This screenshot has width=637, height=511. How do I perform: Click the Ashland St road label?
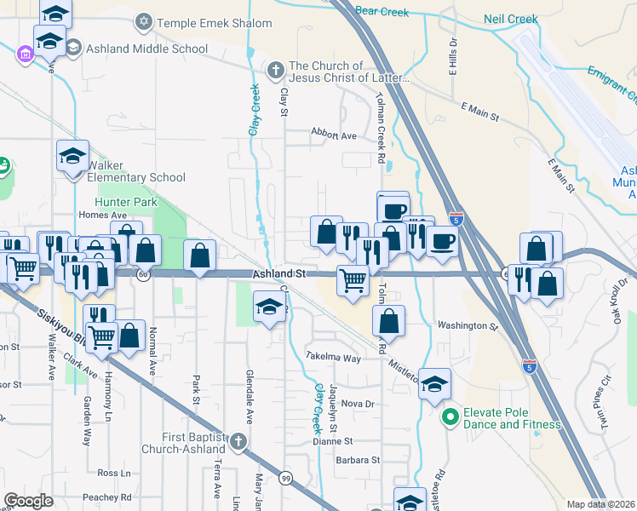(x=278, y=273)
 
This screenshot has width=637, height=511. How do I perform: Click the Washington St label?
(x=467, y=325)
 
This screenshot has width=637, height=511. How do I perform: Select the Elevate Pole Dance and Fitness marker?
(x=450, y=417)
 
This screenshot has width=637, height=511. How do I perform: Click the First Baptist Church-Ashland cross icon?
(x=239, y=441)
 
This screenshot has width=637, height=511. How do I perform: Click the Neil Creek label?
(x=512, y=18)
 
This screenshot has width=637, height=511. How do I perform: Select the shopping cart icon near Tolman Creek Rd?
(x=353, y=278)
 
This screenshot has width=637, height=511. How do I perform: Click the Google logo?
(x=29, y=501)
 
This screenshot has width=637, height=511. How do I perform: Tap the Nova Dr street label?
(x=358, y=403)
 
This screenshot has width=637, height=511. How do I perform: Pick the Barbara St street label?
(x=357, y=460)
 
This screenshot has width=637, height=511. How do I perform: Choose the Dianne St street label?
(x=332, y=441)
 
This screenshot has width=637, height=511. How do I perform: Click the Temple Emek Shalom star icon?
(x=143, y=20)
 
